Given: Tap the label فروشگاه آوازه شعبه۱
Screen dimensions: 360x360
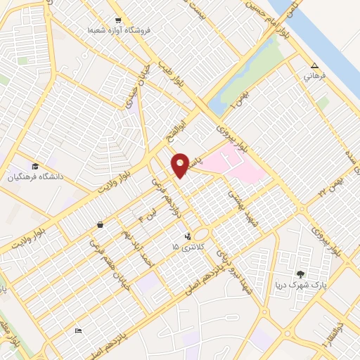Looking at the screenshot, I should (120, 32).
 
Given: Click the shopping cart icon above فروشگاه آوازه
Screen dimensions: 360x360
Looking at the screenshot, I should (119, 20).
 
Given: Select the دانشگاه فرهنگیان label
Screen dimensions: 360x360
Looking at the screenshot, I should (41, 177).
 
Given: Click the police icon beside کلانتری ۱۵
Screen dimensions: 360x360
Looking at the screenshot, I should (187, 237).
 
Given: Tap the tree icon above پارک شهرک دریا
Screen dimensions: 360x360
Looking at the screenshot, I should (301, 274).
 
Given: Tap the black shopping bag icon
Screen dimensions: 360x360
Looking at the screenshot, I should (101, 225).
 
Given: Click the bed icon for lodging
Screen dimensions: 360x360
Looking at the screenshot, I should (78, 330).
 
